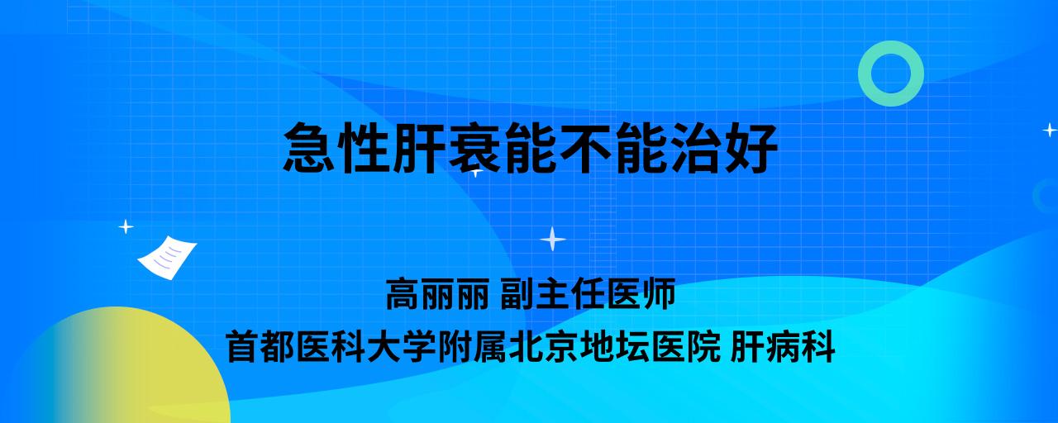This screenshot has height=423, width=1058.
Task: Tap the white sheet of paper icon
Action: click(x=167, y=257)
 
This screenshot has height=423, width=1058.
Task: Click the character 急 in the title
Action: click(x=309, y=147)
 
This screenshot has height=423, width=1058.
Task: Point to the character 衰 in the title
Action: click(x=474, y=147)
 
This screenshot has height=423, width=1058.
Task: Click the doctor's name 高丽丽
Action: click(x=438, y=293)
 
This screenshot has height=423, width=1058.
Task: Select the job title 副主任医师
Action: click(x=588, y=293)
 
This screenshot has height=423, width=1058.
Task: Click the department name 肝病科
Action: click(x=783, y=346)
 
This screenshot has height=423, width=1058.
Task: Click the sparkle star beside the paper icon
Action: click(x=126, y=227)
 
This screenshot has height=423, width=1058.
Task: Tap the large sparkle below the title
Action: click(x=553, y=239)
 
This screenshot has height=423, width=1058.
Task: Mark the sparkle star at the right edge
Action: click(x=1050, y=130)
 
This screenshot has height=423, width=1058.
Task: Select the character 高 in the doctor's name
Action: click(x=403, y=293)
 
